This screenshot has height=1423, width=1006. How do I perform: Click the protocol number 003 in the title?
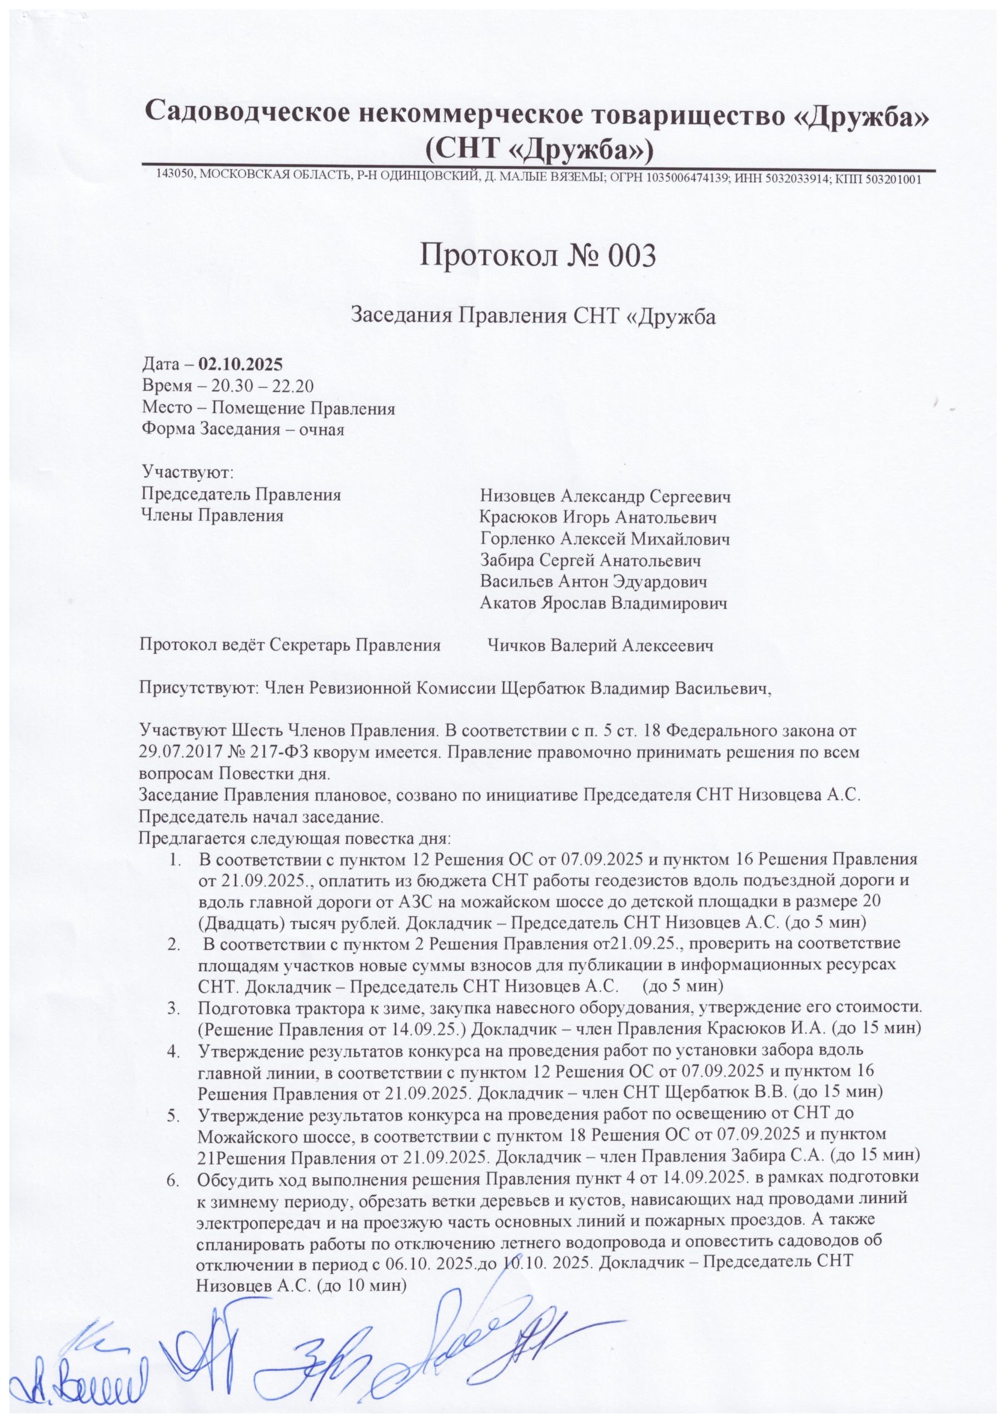tap(624, 255)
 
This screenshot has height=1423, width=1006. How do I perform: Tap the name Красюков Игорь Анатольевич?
tap(598, 518)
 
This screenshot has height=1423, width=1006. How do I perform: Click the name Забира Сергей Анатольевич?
tap(590, 561)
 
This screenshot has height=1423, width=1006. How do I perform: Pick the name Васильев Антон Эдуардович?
tap(593, 582)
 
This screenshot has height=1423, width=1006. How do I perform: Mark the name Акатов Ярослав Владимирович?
tap(603, 604)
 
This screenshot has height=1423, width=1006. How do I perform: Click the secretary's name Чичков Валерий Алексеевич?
tap(601, 646)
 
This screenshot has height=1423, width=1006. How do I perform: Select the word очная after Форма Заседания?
tap(322, 429)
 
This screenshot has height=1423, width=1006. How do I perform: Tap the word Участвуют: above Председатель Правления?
tap(187, 474)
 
